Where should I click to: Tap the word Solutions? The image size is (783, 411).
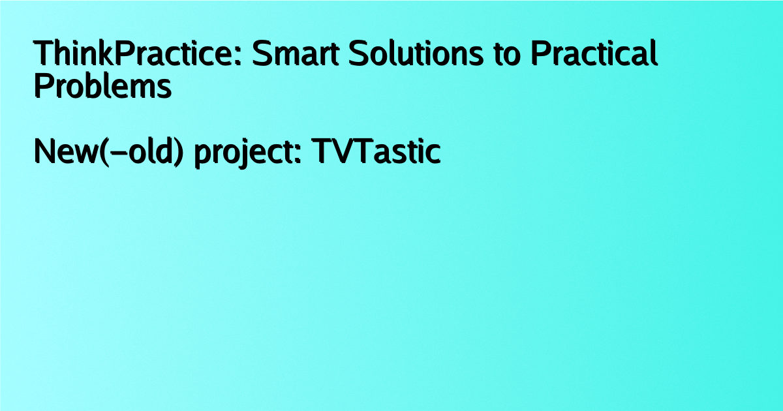[416, 53]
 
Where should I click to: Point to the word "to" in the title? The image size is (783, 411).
[507, 55]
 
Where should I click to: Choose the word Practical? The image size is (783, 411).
[594, 53]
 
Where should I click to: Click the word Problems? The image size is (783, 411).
[103, 85]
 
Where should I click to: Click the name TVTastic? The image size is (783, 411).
[376, 151]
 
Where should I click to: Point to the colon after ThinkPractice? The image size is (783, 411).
[238, 57]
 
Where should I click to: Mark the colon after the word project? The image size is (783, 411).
[298, 155]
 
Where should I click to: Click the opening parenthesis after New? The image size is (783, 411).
[104, 153]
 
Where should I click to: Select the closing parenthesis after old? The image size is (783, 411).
[179, 153]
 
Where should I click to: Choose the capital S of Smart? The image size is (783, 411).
[262, 53]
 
